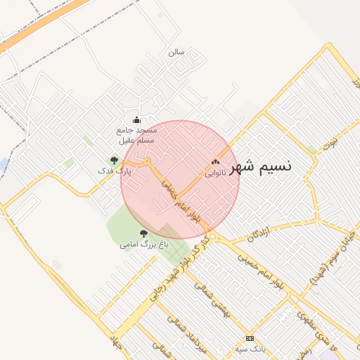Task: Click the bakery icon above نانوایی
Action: click(215, 162)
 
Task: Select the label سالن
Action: click(176, 53)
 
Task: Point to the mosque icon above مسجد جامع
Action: click(136, 120)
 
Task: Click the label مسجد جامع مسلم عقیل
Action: click(137, 135)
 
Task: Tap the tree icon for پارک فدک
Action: click(114, 161)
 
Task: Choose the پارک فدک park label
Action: click(115, 172)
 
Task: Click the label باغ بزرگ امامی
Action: click(144, 244)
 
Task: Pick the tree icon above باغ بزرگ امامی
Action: click(143, 233)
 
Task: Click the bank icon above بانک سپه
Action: click(250, 338)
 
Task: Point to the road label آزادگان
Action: click(259, 234)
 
